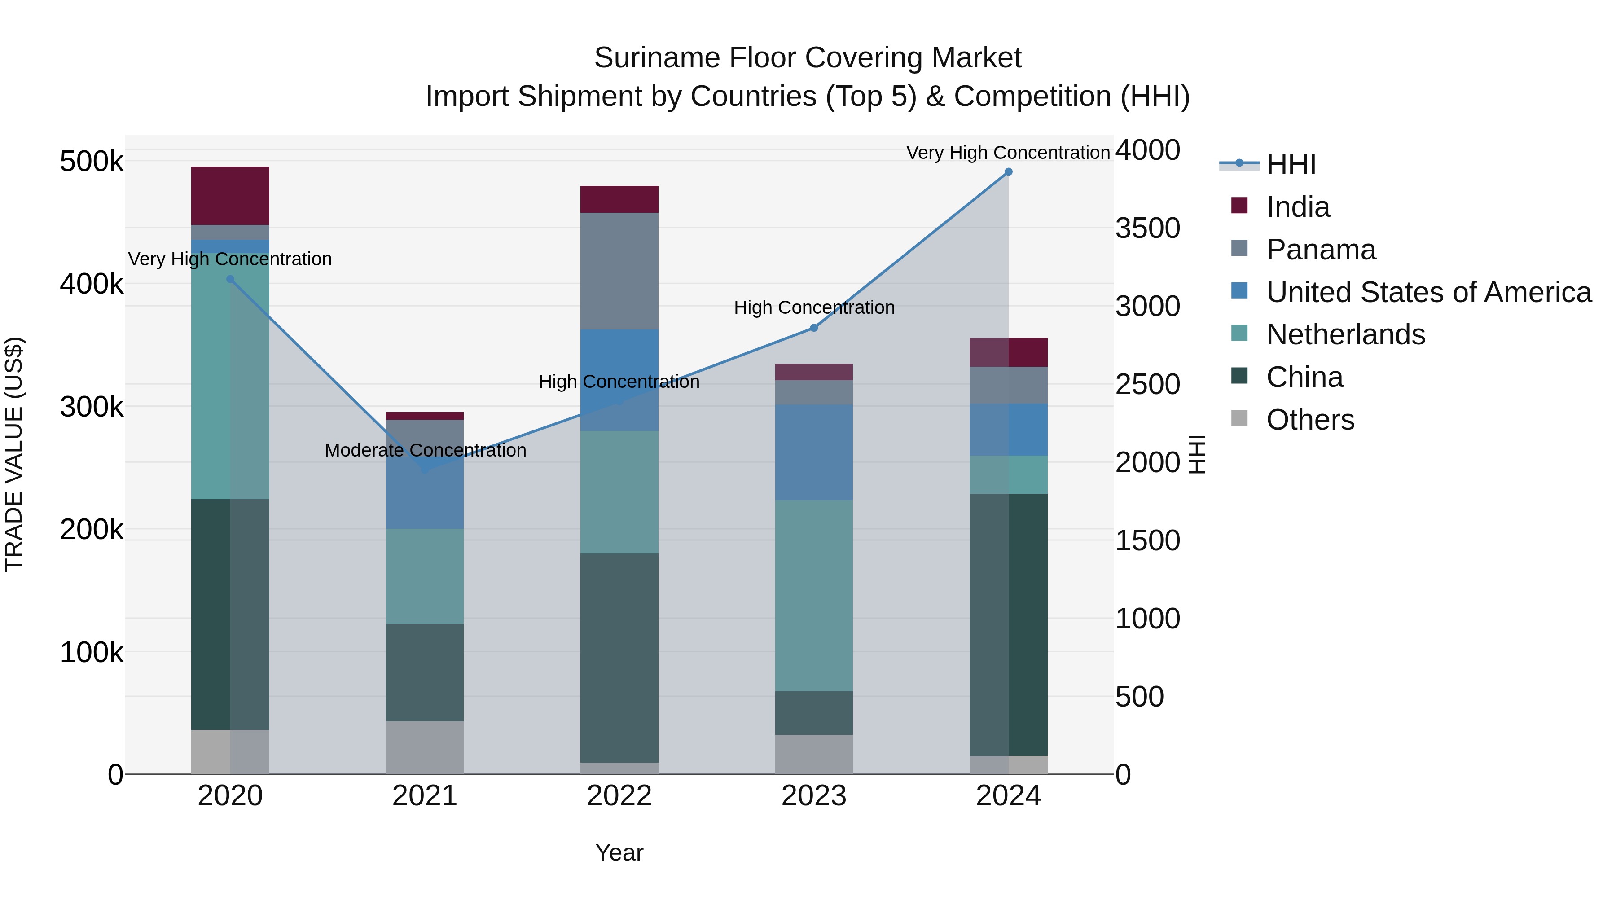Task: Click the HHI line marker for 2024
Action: [x=1008, y=172]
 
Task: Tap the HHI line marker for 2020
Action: [x=230, y=280]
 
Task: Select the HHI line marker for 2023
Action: [x=814, y=328]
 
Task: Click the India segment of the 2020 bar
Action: [x=230, y=196]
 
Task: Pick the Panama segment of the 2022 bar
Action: [x=619, y=271]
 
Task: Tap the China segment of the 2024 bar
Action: [x=1008, y=624]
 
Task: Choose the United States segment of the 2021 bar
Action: [x=425, y=496]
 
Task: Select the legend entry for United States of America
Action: [x=1428, y=292]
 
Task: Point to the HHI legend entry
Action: [x=1291, y=164]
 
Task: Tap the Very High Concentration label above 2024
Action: [x=1008, y=153]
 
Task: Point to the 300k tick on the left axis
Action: [x=92, y=407]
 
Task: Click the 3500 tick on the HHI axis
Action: [x=1147, y=228]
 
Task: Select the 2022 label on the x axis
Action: [x=619, y=796]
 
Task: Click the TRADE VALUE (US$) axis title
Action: [x=14, y=454]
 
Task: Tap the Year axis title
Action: [x=619, y=852]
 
